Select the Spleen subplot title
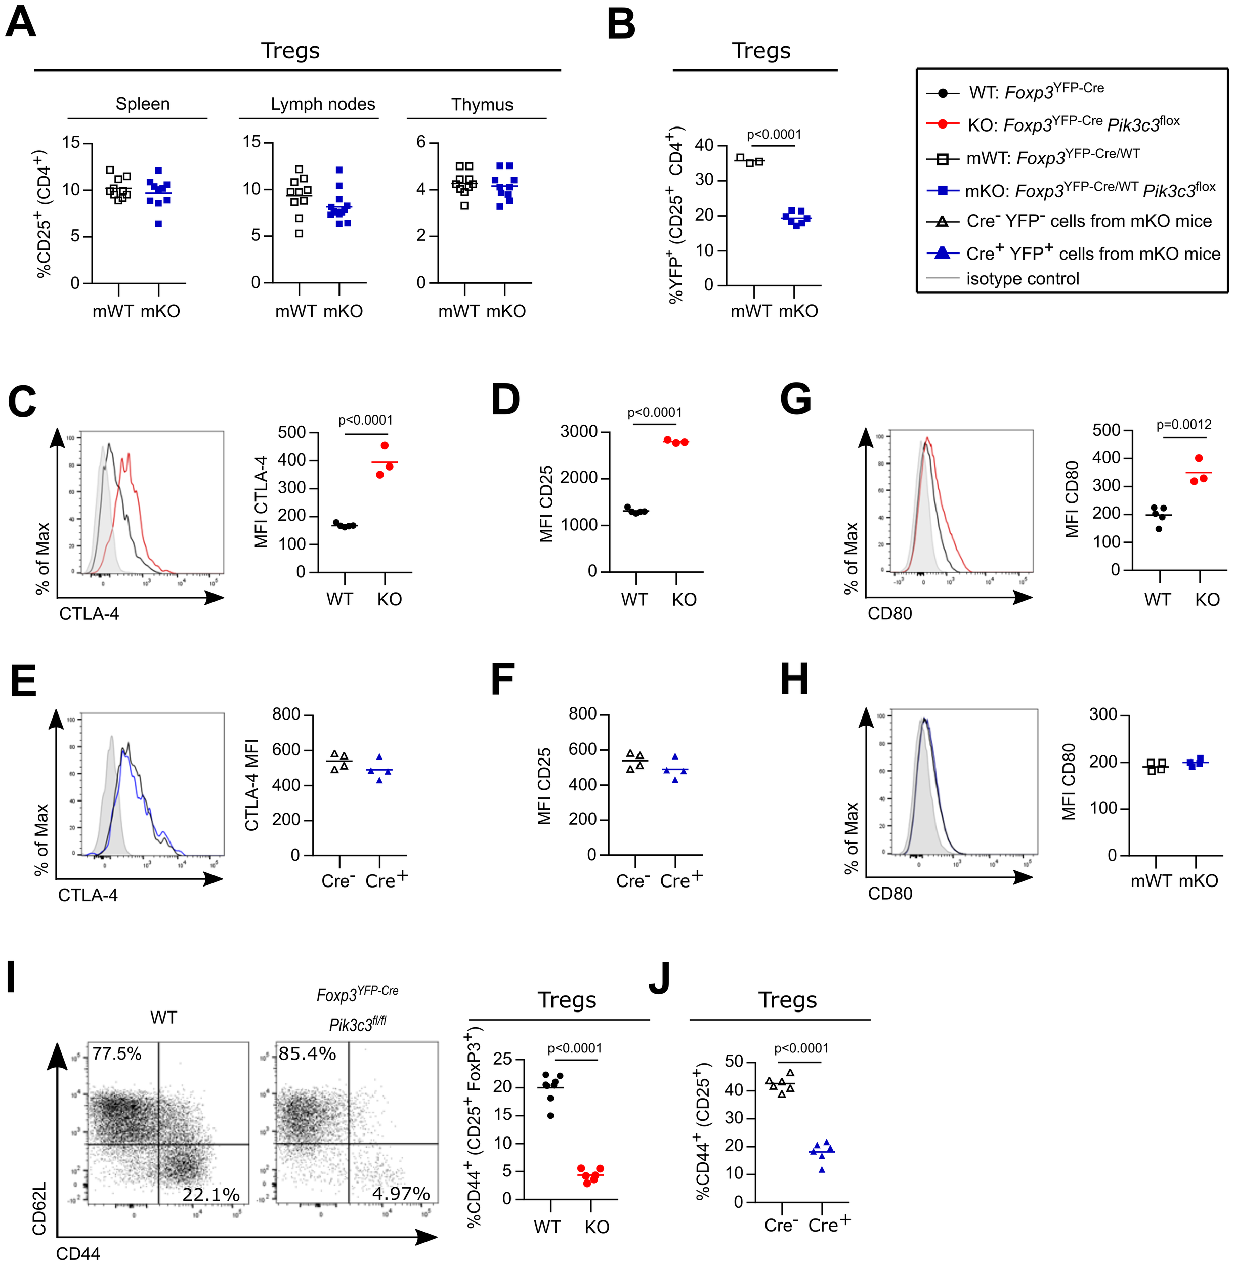coord(142,104)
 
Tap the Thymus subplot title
coord(482,104)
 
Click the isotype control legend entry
coord(1022,279)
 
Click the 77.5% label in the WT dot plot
coord(117,1053)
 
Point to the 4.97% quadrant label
coord(401,1193)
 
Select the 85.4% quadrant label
coord(307,1053)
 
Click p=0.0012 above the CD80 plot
coord(1183,425)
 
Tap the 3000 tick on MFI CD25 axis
coord(579,432)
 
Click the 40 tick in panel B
coord(704,145)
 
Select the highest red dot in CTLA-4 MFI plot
coord(385,446)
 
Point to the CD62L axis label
coord(39,1207)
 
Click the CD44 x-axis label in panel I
coord(78,1253)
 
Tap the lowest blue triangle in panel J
coord(822,1169)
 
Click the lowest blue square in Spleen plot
coord(158,224)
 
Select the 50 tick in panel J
coord(734,1062)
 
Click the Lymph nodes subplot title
coord(323,104)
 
